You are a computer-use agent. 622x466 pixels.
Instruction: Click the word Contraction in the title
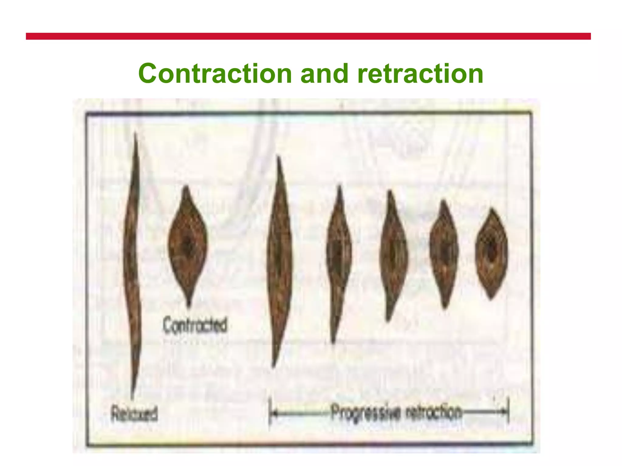pyautogui.click(x=215, y=74)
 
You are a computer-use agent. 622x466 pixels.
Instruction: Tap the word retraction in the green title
pyautogui.click(x=420, y=74)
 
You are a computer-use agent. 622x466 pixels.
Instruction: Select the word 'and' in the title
pyautogui.click(x=324, y=74)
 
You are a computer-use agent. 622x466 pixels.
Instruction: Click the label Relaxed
pyautogui.click(x=134, y=414)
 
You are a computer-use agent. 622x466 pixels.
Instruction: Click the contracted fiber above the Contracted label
pyautogui.click(x=188, y=243)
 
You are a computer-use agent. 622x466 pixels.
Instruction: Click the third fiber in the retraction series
pyautogui.click(x=393, y=255)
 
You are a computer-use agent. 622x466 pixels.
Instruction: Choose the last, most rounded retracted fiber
pyautogui.click(x=491, y=253)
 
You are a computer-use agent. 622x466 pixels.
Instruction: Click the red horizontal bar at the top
pyautogui.click(x=308, y=36)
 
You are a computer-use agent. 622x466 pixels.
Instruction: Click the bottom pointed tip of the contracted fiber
pyautogui.click(x=189, y=304)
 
